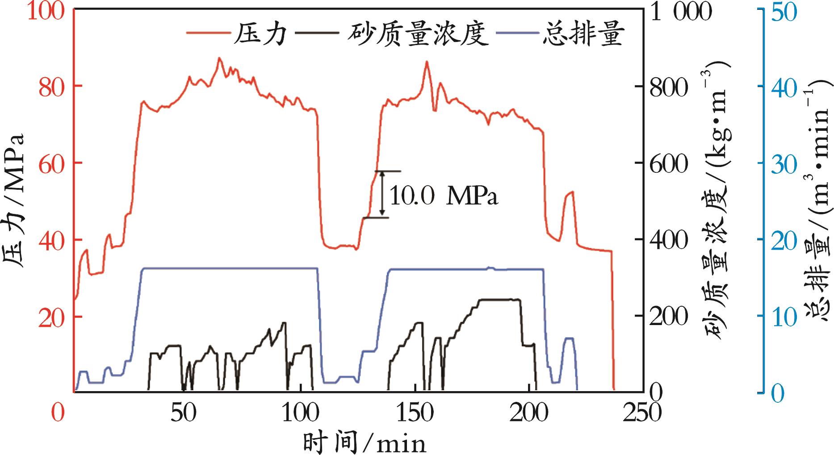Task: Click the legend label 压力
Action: [259, 35]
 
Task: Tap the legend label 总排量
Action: [583, 35]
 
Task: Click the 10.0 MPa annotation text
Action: [444, 196]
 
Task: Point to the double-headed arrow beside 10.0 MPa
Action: [382, 194]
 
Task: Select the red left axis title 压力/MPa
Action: [13, 201]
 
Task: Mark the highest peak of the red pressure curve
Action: [219, 58]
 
